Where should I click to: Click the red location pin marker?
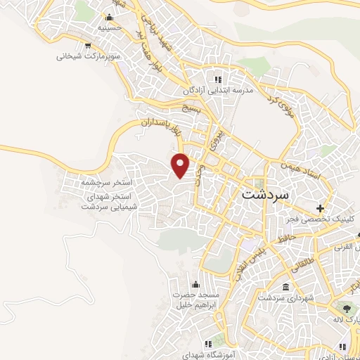(181, 165)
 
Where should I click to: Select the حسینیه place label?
(111, 29)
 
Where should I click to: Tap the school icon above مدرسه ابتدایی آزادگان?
(218, 79)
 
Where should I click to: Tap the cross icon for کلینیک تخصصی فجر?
(321, 208)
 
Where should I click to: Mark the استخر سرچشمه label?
(108, 182)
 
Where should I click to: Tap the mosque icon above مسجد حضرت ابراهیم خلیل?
(176, 285)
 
